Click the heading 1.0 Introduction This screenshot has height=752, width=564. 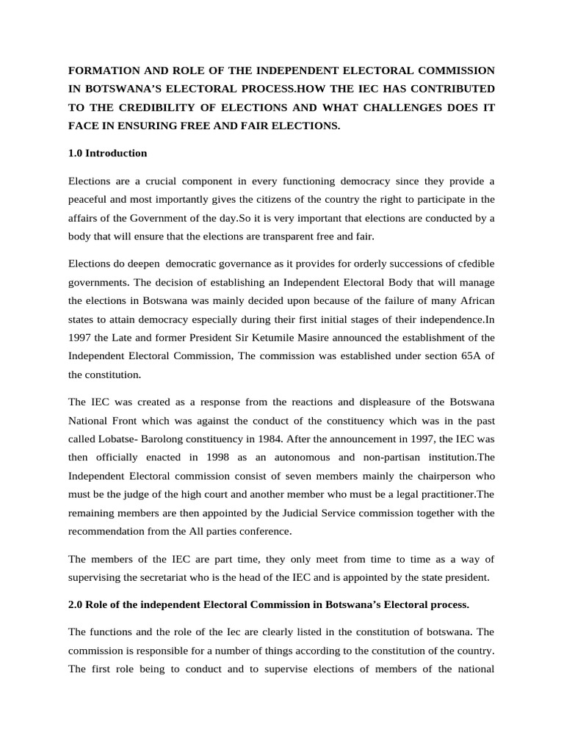click(x=107, y=153)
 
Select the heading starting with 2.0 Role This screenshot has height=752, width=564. click(x=267, y=604)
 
